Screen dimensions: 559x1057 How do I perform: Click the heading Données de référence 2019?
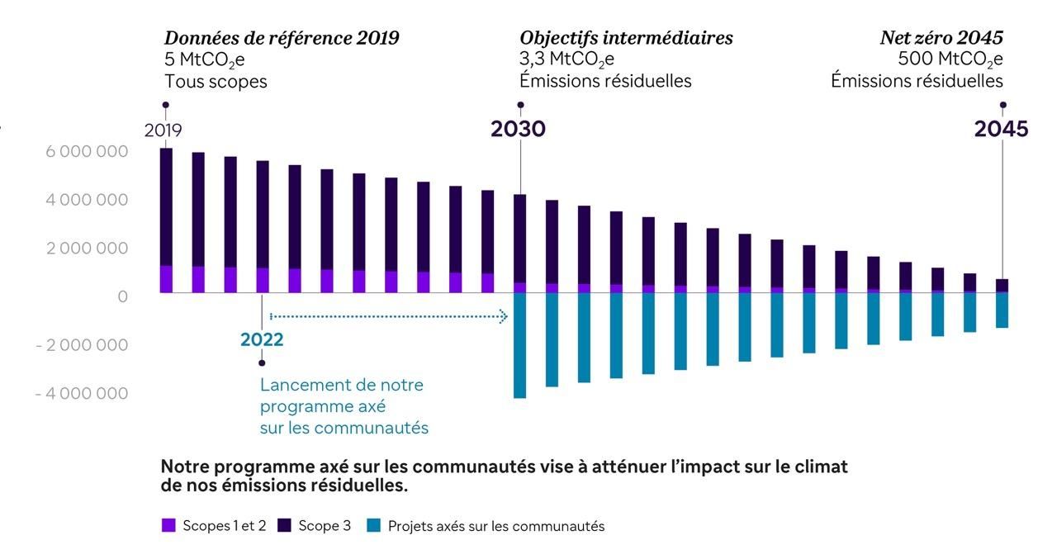click(282, 38)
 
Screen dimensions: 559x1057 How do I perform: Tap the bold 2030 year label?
click(518, 130)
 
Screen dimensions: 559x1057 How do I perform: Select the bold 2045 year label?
click(1001, 130)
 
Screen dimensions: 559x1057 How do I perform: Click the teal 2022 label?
click(262, 339)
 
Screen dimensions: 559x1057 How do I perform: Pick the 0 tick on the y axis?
click(123, 296)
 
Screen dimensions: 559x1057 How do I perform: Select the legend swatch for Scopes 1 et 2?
click(168, 525)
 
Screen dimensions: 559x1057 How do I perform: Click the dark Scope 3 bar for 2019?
click(166, 206)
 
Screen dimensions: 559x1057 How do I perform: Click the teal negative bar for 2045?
click(1002, 310)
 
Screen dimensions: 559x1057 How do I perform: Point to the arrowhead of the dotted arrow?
click(503, 316)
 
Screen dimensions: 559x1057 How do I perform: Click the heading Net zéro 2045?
click(941, 38)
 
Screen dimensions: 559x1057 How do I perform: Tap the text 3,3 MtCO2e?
click(566, 59)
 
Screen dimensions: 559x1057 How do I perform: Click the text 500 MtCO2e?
click(950, 59)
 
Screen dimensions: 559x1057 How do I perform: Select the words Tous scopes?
click(216, 81)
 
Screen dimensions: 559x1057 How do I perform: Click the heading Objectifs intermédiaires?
click(626, 38)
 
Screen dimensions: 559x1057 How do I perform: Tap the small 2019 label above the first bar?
click(163, 130)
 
